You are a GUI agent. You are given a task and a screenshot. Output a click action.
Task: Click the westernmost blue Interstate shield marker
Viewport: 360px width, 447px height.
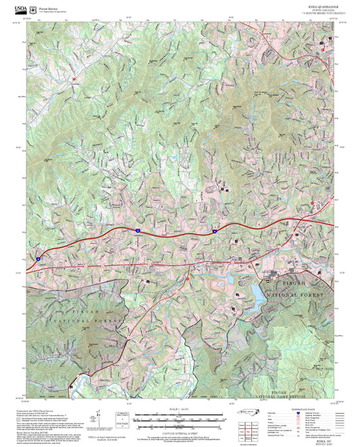[38, 258]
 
